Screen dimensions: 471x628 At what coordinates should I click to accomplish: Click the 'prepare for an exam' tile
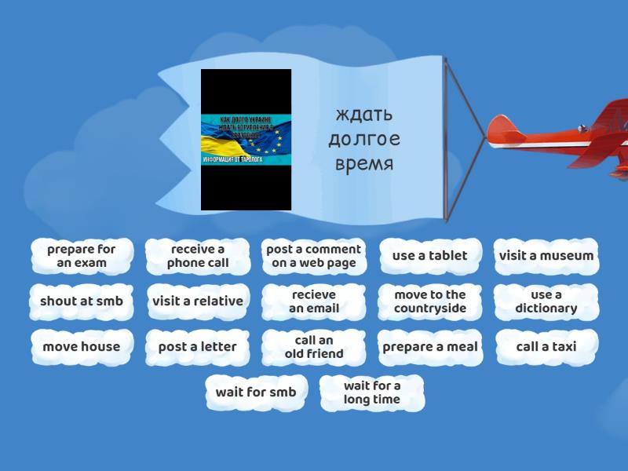pyautogui.click(x=82, y=256)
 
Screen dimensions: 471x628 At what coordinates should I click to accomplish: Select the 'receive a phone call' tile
pyautogui.click(x=197, y=256)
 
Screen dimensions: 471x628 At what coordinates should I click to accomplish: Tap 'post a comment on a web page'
pyautogui.click(x=314, y=256)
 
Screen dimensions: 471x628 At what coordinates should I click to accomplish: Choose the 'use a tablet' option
pyautogui.click(x=429, y=256)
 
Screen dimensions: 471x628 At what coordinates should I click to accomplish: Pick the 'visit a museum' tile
pyautogui.click(x=546, y=256)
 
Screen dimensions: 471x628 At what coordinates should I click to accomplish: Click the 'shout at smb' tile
pyautogui.click(x=82, y=301)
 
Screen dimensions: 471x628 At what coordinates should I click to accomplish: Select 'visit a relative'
pyautogui.click(x=197, y=301)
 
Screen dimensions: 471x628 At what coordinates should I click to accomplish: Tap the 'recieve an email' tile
pyautogui.click(x=314, y=301)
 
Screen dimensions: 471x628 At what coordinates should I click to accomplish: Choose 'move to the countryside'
pyautogui.click(x=429, y=301)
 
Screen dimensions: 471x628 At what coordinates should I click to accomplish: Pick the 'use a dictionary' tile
pyautogui.click(x=546, y=301)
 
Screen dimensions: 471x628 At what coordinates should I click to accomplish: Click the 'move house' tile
pyautogui.click(x=82, y=347)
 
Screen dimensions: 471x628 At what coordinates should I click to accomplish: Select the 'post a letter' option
pyautogui.click(x=197, y=347)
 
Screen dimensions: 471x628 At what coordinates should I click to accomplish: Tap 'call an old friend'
pyautogui.click(x=314, y=347)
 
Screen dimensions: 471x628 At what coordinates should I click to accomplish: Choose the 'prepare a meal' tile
pyautogui.click(x=429, y=347)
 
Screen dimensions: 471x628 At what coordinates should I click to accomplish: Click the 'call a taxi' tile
pyautogui.click(x=546, y=347)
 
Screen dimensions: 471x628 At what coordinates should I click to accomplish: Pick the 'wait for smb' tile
pyautogui.click(x=256, y=392)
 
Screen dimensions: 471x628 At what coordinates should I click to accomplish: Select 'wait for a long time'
pyautogui.click(x=372, y=392)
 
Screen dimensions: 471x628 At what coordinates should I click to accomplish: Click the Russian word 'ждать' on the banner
pyautogui.click(x=363, y=115)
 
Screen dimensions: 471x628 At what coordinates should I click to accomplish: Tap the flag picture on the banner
pyautogui.click(x=246, y=140)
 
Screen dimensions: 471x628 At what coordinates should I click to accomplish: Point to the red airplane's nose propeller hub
pyautogui.click(x=491, y=131)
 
